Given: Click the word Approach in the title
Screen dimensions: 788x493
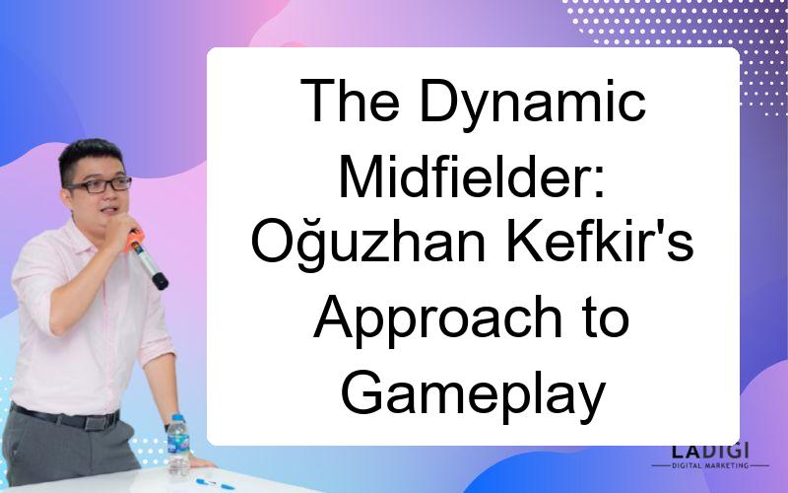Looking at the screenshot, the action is point(437,318).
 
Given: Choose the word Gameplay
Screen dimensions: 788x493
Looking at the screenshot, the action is point(473,393).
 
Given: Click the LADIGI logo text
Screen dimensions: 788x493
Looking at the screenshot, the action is point(710,451).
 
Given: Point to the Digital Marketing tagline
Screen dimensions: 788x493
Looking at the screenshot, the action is point(710,465).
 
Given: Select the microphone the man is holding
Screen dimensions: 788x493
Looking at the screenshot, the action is point(146,259).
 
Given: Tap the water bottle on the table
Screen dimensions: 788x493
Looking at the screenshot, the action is point(178,446).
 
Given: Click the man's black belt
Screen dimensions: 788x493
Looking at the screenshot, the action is point(65,417).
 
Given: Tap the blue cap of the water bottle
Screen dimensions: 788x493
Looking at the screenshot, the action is point(178,418).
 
